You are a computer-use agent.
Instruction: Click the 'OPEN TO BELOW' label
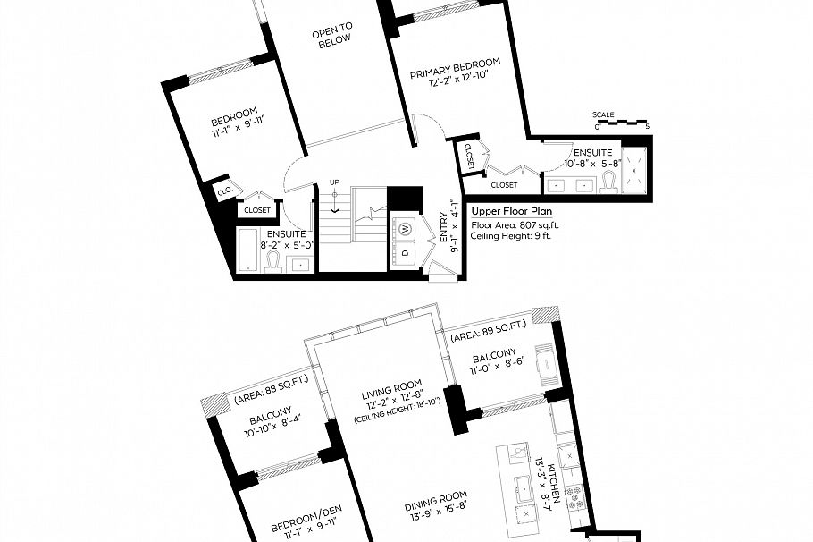click(332, 35)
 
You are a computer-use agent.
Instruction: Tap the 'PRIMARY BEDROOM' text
click(456, 68)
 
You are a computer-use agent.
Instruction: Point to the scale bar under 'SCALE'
click(622, 123)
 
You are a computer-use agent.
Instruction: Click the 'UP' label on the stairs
click(334, 182)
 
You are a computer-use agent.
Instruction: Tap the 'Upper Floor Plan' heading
click(511, 211)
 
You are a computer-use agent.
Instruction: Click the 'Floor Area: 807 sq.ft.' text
click(515, 225)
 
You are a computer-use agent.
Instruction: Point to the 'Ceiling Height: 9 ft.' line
click(511, 236)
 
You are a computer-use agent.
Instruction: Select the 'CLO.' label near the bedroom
click(225, 191)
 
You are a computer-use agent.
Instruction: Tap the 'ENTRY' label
click(444, 227)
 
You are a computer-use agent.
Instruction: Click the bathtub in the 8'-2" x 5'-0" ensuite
click(248, 250)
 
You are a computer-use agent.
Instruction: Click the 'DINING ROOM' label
click(436, 499)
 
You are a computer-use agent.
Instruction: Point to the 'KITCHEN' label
click(554, 484)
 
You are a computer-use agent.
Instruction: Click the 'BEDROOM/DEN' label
click(307, 520)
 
